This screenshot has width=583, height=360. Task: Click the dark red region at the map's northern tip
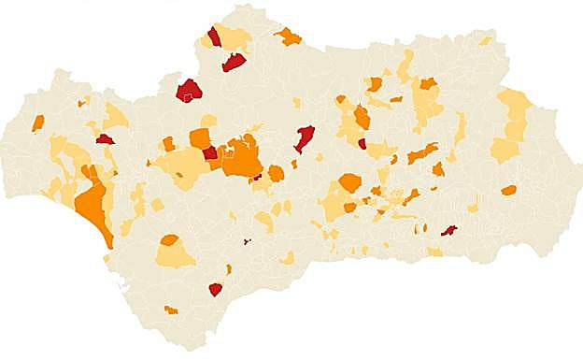[x=214, y=36]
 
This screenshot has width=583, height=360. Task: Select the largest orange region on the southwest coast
[x=94, y=207]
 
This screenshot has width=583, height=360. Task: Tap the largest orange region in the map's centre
[x=242, y=157]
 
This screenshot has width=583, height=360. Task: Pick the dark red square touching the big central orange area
[x=210, y=152]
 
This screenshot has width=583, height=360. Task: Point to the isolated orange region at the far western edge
[x=38, y=122]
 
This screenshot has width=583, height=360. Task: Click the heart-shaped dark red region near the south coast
[x=216, y=289]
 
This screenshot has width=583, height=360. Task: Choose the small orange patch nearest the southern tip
[x=170, y=310]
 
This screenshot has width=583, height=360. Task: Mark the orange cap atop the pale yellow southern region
[x=169, y=240]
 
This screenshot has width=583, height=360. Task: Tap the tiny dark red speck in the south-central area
[x=247, y=241]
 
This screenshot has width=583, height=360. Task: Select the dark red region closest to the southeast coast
[x=448, y=230]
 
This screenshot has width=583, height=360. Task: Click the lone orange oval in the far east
[x=508, y=190]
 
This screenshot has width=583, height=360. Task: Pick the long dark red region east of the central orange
[x=304, y=138]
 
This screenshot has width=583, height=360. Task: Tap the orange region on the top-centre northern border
[x=288, y=37]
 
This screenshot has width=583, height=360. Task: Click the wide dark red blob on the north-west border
[x=190, y=91]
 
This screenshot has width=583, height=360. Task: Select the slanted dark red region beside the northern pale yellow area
[x=234, y=62]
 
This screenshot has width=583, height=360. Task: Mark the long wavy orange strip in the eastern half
[x=422, y=151]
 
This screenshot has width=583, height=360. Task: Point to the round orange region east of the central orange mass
[x=276, y=173]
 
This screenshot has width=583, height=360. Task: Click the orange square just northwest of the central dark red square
[x=199, y=138]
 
